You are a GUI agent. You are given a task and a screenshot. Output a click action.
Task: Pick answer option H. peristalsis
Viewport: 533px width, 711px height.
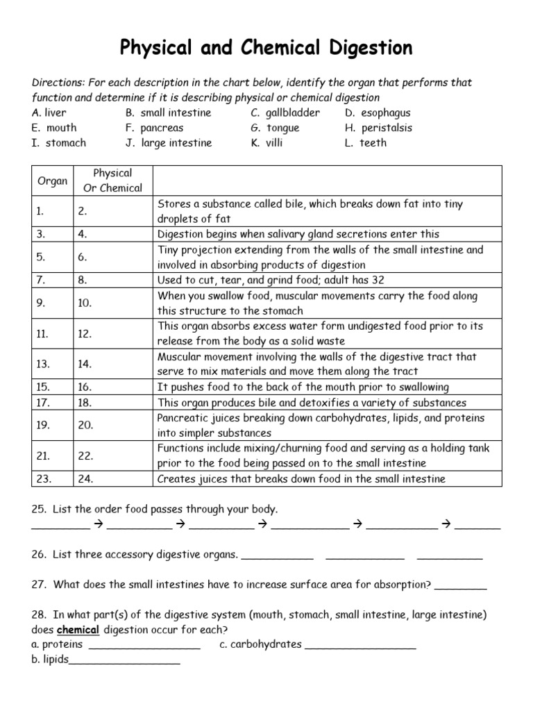(x=378, y=128)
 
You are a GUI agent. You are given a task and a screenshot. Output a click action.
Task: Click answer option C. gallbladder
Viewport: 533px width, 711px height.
(x=285, y=112)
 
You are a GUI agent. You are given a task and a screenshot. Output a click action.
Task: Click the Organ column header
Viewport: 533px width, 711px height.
(x=52, y=181)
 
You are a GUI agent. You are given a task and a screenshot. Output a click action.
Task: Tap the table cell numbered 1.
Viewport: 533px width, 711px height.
(x=52, y=211)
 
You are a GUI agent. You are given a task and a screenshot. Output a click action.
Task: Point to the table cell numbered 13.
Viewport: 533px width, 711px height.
(x=52, y=364)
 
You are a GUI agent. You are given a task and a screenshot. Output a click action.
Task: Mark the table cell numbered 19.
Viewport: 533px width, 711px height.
(x=52, y=425)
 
